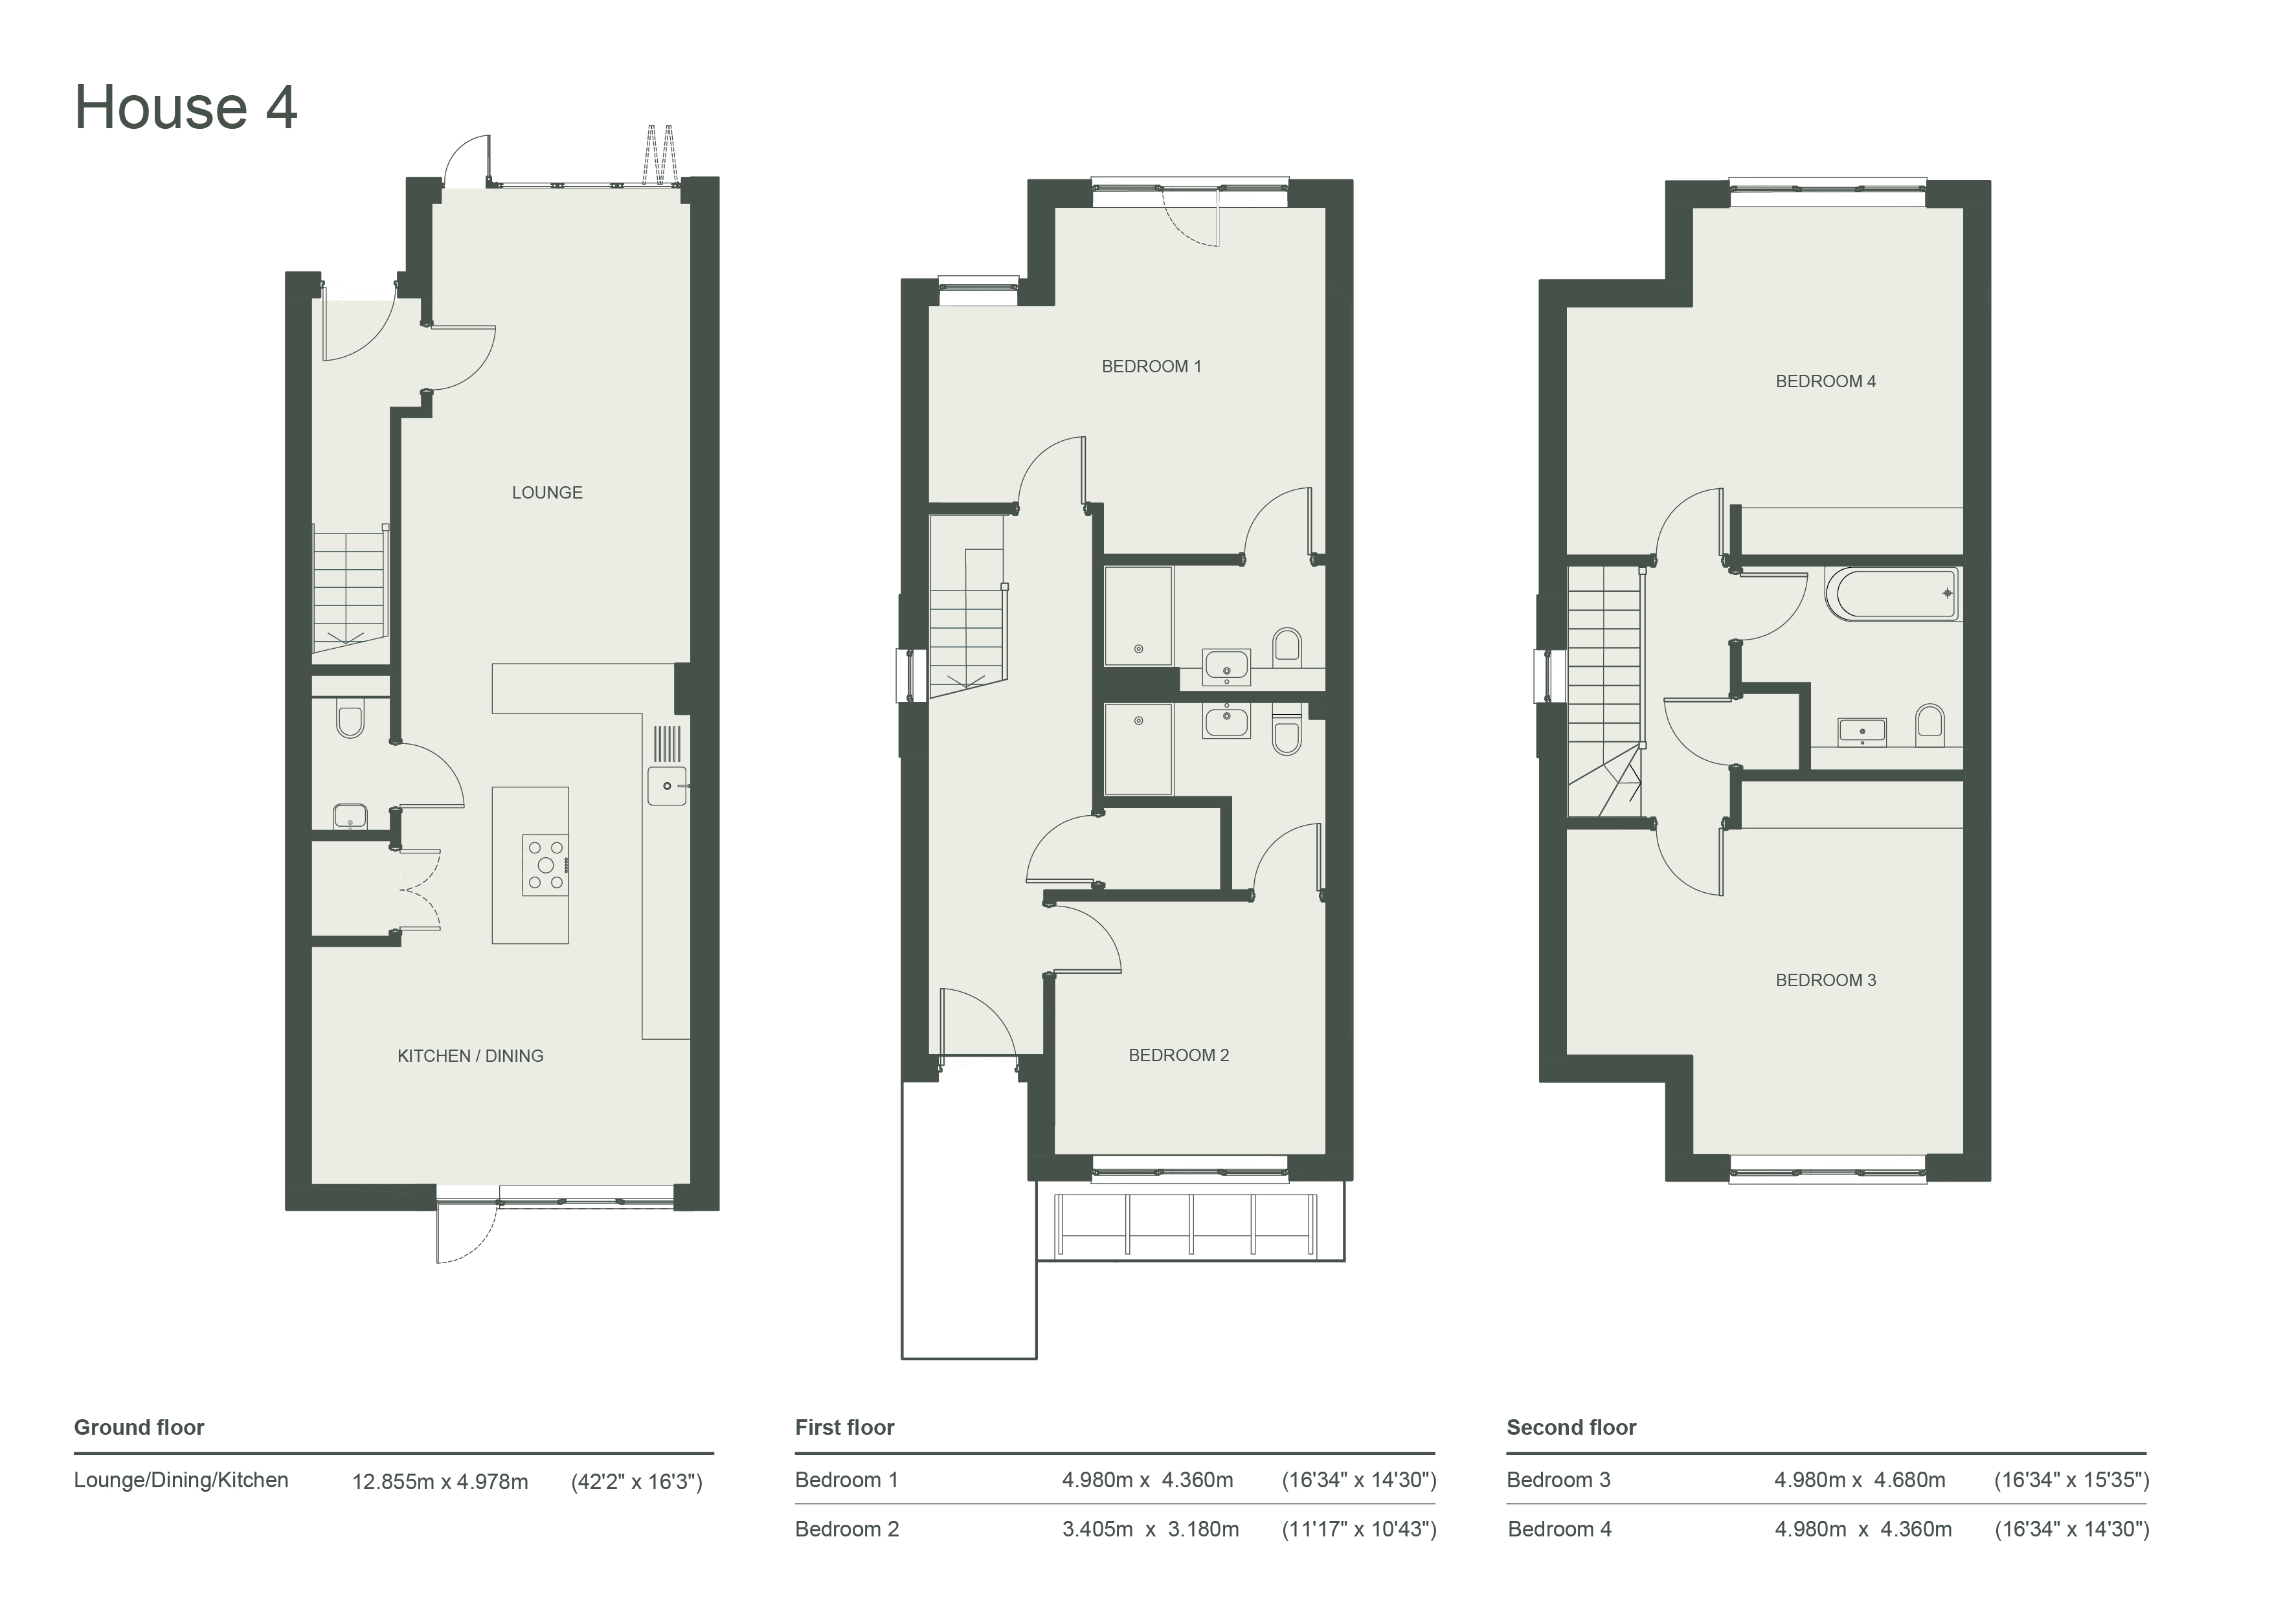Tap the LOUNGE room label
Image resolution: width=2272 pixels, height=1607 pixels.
(x=547, y=493)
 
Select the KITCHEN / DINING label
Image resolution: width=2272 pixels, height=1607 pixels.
(x=470, y=1056)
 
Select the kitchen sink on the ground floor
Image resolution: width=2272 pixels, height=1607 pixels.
(x=667, y=785)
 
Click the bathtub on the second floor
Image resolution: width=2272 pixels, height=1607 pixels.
(x=1892, y=594)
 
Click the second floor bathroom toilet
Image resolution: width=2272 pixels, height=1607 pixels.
(x=1929, y=725)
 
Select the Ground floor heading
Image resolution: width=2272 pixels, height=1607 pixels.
(x=139, y=1427)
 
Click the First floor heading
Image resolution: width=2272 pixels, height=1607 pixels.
(x=845, y=1427)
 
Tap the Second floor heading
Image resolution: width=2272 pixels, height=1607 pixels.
(x=1571, y=1427)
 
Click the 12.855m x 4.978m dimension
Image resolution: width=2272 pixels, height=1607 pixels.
(x=440, y=1481)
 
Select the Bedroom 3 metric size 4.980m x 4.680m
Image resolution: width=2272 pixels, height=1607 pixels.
(x=1860, y=1480)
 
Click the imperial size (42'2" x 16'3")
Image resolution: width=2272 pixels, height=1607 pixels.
(x=637, y=1481)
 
